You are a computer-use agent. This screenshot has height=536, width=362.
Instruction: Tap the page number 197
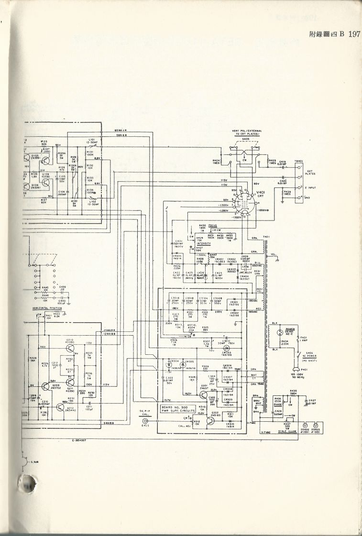click(354, 34)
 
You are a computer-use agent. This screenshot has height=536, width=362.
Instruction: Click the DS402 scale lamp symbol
click(306, 425)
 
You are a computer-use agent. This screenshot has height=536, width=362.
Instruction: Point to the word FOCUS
click(213, 225)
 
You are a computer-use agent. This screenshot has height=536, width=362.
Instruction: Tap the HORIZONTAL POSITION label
click(48, 308)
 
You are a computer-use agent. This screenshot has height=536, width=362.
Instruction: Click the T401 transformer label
click(266, 237)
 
